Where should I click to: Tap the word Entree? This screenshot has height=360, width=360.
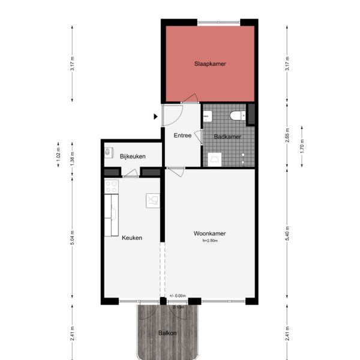[x=182, y=136]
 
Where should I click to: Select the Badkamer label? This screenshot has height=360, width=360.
[x=227, y=137]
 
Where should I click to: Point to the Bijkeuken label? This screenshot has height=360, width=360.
[x=133, y=156]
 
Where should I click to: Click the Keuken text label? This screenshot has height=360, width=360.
[x=132, y=238]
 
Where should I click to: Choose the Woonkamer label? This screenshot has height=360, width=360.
[x=209, y=233]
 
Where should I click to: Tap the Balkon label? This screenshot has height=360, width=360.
[x=167, y=332]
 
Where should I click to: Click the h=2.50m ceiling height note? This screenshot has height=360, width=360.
[x=210, y=241]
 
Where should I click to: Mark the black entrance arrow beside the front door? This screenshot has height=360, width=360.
[x=155, y=116]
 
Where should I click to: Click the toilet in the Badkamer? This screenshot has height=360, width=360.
[x=237, y=115]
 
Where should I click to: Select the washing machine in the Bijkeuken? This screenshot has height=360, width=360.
[x=109, y=152]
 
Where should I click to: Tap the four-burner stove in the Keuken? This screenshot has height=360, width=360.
[x=112, y=187]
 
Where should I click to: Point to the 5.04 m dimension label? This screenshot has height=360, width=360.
[x=72, y=238]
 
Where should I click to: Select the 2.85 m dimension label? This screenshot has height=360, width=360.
[x=288, y=134]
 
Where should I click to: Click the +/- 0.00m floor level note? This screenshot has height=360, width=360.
[x=178, y=296]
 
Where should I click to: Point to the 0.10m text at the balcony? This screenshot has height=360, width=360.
[x=178, y=307]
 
